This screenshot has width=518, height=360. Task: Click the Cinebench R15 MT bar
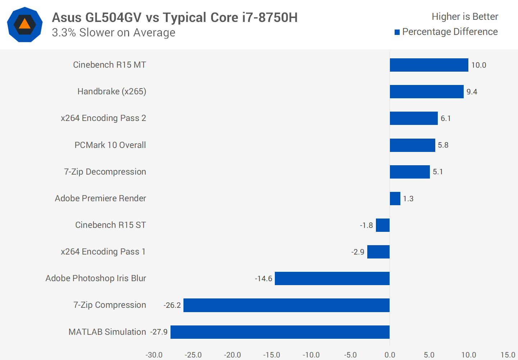429,65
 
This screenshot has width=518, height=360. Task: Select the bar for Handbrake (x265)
427,92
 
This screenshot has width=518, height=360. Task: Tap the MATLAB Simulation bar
280,332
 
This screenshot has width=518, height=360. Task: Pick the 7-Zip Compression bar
286,305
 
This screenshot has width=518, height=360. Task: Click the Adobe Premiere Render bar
395,199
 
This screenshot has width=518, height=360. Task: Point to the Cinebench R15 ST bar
383,225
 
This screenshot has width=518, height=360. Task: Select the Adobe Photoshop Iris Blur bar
332,279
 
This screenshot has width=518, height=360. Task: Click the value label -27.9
159,332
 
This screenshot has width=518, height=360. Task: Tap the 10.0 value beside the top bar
478,65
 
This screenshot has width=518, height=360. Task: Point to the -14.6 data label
264,279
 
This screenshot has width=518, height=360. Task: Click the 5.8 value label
443,145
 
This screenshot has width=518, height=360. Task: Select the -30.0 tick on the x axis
154,355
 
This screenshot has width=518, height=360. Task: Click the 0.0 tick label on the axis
390,355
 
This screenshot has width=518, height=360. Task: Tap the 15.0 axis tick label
508,355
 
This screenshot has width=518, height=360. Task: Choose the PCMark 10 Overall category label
110,145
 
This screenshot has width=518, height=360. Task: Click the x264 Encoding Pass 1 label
103,252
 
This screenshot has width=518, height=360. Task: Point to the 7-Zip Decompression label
105,172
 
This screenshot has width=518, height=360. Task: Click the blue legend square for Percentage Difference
397,32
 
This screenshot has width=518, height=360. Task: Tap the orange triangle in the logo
24,24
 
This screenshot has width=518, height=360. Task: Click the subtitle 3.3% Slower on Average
113,33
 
